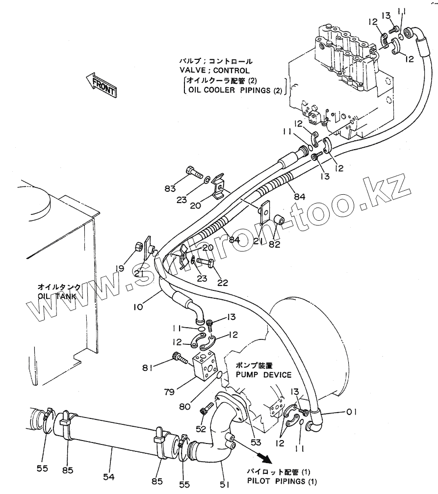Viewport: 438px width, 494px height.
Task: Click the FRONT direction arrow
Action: (x=101, y=85)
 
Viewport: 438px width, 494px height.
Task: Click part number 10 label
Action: (x=138, y=308)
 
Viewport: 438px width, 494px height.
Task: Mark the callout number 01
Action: (x=351, y=412)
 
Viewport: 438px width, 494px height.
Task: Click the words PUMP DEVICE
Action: (x=263, y=375)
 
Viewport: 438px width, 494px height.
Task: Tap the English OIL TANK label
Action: (x=55, y=296)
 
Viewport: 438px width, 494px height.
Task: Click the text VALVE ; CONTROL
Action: (x=214, y=71)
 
